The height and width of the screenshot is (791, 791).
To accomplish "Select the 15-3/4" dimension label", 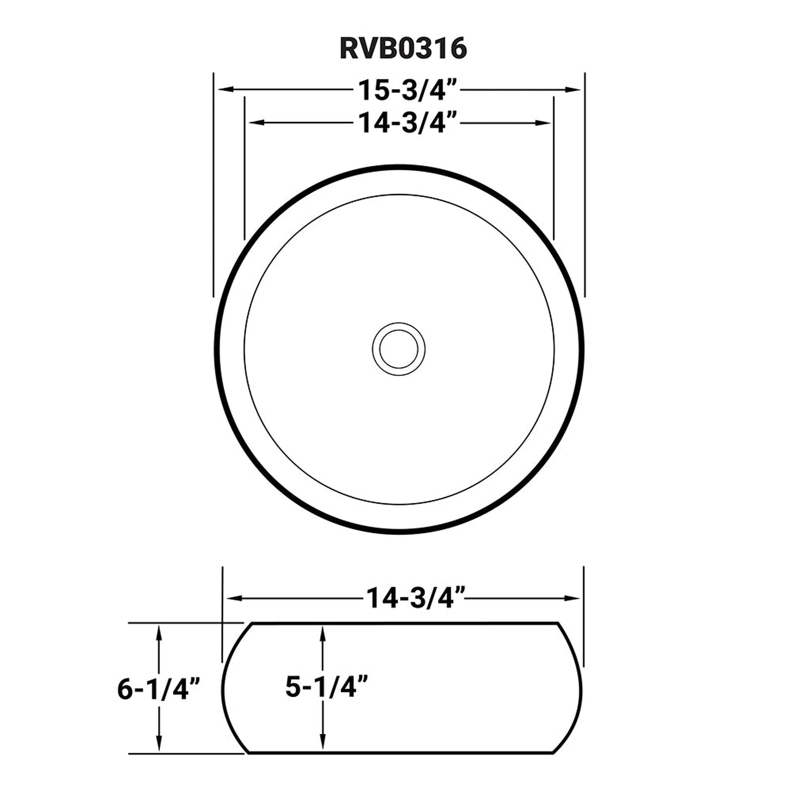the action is (x=407, y=90).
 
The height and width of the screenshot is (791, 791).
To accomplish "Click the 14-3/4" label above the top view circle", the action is (x=407, y=122).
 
